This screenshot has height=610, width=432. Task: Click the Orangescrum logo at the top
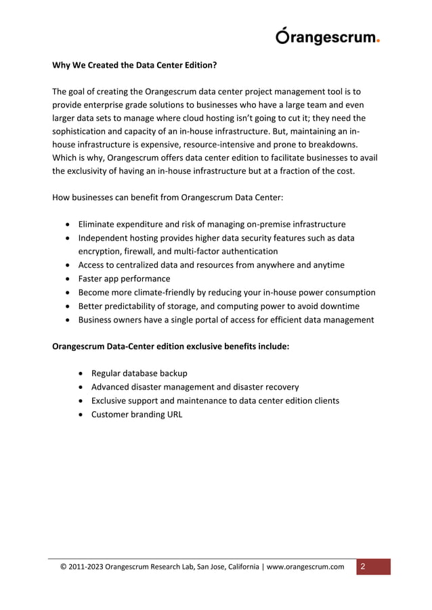coord(327,37)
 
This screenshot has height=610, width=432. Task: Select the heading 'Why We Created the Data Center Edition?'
coord(135,66)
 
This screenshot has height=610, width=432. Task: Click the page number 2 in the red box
coord(363,566)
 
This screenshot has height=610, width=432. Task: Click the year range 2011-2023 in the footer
coord(87,567)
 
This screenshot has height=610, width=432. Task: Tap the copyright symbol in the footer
coord(64,567)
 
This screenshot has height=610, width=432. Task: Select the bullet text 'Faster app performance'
coord(124,279)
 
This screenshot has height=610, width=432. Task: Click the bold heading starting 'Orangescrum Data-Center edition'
coord(171,346)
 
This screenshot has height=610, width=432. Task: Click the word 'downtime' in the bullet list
coord(341,306)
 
